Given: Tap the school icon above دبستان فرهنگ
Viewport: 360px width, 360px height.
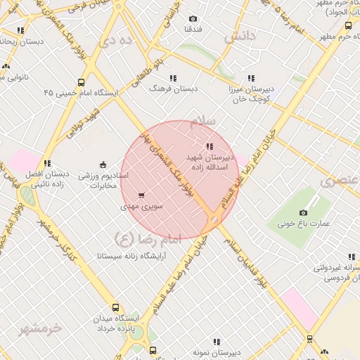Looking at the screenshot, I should click(173, 78).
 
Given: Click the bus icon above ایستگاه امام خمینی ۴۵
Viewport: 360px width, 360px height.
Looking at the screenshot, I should click(82, 82).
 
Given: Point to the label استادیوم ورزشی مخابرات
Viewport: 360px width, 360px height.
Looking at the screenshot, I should click(103, 179).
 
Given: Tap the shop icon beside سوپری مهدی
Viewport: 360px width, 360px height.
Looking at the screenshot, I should click(142, 195).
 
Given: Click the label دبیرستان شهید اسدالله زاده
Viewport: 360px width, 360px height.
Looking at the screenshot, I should click(208, 159).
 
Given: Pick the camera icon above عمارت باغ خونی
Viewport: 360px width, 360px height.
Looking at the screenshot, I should click(304, 212).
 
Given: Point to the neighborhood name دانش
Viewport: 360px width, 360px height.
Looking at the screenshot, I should click(239, 37).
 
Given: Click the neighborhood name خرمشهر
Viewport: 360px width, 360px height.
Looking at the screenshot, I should click(41, 328).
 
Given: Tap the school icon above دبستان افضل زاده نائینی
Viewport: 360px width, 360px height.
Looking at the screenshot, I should click(48, 163).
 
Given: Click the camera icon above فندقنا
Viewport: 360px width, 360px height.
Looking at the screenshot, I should click(193, 19).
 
